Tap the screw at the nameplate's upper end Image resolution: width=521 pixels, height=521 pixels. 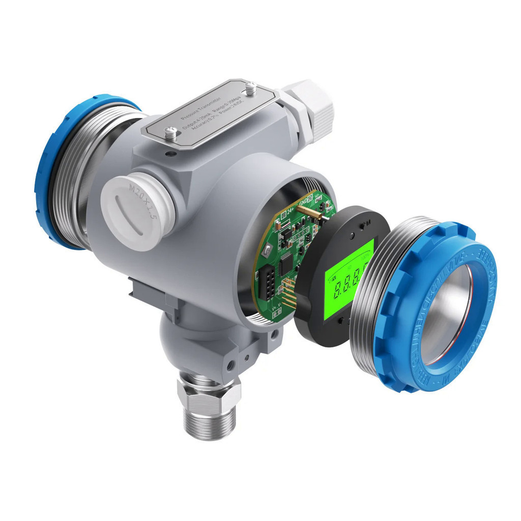[250, 89]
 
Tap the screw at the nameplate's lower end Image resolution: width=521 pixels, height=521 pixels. [171, 134]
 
